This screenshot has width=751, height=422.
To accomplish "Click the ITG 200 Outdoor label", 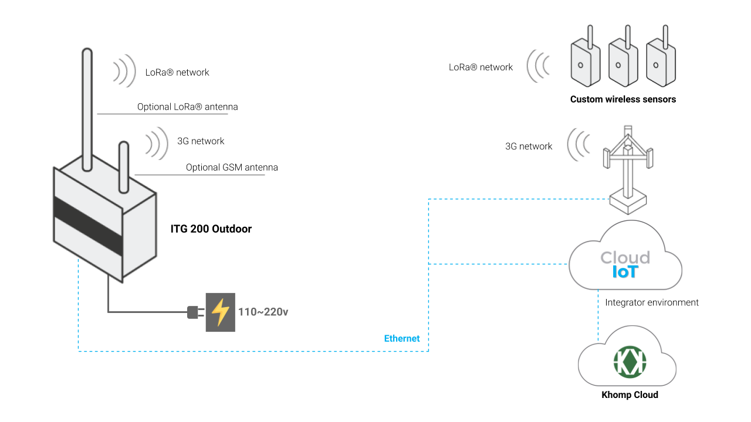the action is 211,229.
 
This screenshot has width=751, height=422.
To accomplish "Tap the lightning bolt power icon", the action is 220,312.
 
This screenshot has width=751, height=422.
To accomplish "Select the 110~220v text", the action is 263,312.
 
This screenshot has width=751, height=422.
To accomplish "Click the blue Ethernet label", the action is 402,338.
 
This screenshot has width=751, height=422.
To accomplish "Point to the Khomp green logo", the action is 630,362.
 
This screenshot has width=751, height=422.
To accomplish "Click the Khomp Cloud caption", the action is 630,394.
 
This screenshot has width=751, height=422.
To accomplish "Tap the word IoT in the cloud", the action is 625,272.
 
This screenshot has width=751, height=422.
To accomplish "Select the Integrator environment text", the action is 652,302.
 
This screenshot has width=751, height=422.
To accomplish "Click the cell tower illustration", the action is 628,170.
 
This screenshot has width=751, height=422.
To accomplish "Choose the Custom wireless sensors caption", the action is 623,99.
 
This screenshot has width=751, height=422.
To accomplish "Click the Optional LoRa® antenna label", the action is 187,107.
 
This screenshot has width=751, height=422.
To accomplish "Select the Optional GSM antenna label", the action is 232,167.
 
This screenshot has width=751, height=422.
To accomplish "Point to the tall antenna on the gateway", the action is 87,110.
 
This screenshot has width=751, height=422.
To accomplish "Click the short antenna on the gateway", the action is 124,167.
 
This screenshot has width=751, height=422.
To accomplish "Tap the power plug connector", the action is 195,312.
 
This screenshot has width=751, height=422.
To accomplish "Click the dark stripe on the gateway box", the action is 88,226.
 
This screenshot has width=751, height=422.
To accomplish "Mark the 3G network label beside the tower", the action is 529,147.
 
